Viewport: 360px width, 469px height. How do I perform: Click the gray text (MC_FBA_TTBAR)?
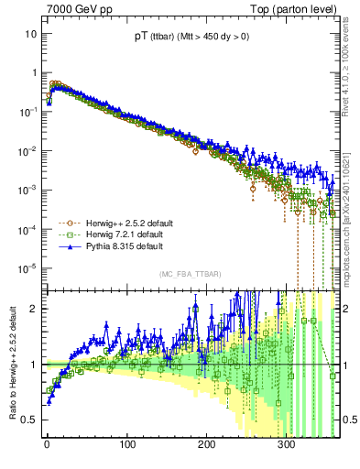click(189, 275)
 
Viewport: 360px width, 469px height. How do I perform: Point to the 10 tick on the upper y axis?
click(31, 34)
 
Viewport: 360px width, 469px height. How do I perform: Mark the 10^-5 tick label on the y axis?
click(27, 268)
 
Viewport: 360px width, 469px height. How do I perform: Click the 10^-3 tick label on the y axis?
click(27, 191)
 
